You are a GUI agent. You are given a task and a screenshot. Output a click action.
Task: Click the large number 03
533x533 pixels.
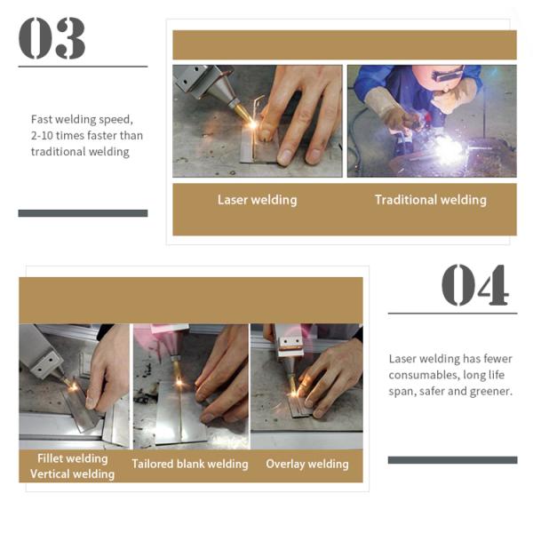pos(52,38)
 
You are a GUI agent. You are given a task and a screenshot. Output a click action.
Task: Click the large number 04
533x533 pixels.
pos(475,285)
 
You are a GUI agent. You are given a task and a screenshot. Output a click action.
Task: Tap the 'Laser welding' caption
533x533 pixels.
pos(258,200)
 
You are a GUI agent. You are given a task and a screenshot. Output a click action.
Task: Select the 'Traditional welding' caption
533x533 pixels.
pos(431,200)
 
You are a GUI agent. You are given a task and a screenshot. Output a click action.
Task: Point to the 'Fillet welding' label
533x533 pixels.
pos(73,458)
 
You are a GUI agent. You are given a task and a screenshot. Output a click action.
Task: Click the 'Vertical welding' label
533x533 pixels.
pos(73,473)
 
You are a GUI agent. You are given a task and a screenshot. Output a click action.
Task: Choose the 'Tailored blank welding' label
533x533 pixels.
pos(190,464)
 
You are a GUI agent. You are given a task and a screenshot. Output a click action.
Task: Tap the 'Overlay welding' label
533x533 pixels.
pos(307,464)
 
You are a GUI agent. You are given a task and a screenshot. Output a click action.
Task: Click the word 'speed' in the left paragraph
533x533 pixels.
pos(115,120)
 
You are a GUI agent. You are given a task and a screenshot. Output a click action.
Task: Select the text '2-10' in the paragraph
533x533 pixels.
pos(42,136)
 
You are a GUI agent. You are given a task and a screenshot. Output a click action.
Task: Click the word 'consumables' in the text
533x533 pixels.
pos(425,375)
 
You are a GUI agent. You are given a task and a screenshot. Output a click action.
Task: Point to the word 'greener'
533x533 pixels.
pos(491,392)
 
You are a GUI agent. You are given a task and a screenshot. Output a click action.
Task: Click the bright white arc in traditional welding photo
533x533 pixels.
pos(449,148)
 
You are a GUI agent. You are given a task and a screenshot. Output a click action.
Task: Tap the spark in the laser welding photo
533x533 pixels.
pos(253,124)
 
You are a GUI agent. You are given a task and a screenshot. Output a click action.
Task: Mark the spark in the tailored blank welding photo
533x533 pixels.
pos(179,383)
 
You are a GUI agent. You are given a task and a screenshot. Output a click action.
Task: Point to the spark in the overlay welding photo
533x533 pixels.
pos(293,394)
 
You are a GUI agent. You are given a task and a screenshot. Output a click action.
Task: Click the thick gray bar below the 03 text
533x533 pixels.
pos(83,213)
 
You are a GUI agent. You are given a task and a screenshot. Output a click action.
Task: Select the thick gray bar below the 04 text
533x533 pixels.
pos(452,460)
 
